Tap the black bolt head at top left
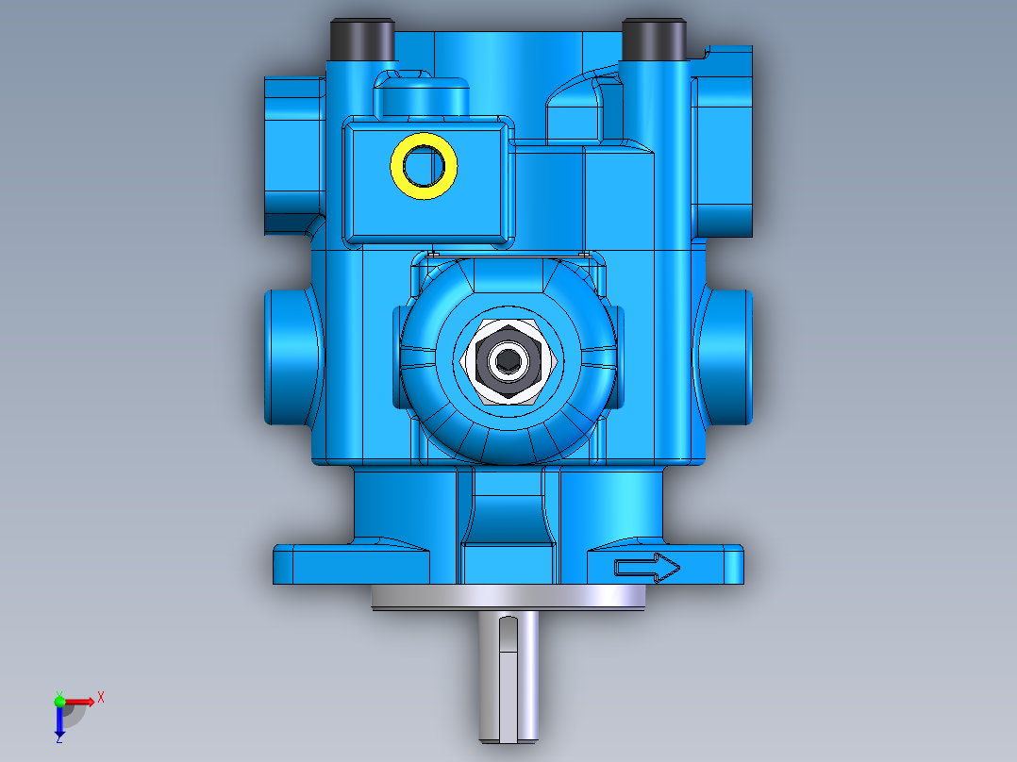pos(360,39)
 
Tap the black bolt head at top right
pos(653,39)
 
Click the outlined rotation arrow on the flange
pos(647,568)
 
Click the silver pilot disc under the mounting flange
pos(509,598)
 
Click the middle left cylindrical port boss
pos(291,356)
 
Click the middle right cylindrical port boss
pos(725,356)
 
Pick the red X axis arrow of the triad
pos(81,701)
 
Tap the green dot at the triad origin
pos(59,701)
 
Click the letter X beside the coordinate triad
pos(100,698)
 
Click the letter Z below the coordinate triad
pos(58,740)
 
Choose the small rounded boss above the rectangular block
pos(422,92)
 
